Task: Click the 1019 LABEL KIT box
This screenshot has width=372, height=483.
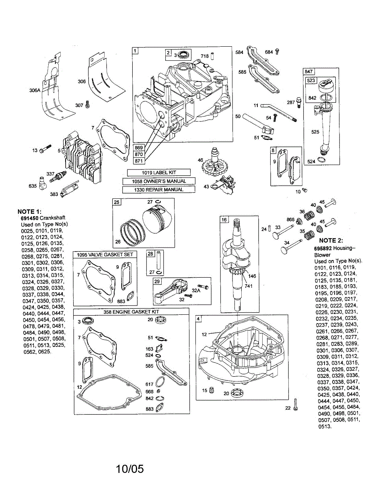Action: (158, 173)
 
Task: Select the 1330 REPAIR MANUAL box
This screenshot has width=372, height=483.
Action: (158, 190)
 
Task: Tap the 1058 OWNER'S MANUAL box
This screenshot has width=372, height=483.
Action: (159, 181)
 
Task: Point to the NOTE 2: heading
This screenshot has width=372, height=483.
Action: (331, 240)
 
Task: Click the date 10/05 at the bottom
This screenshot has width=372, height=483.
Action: (130, 469)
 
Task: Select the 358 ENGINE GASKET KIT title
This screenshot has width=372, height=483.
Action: (131, 312)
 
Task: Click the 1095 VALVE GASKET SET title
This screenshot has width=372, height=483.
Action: (105, 255)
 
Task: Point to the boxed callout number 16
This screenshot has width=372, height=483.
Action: (224, 220)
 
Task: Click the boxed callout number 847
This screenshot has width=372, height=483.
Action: (309, 71)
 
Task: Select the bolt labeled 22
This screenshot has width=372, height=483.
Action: (295, 405)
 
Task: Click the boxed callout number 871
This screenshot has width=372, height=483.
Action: (139, 161)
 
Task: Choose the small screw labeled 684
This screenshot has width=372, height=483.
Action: (277, 52)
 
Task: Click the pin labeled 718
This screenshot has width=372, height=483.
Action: (212, 56)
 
